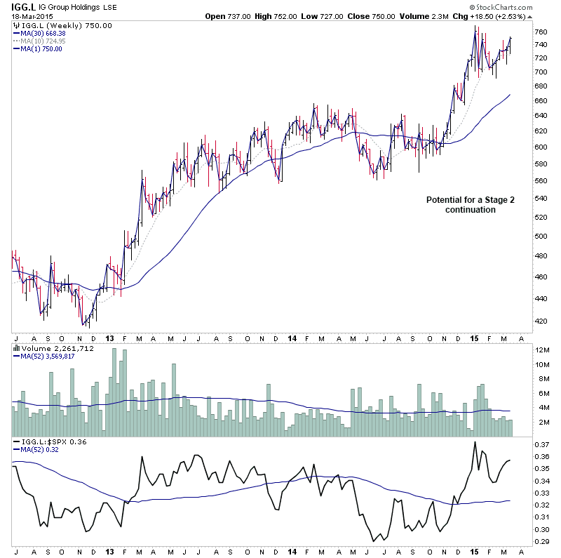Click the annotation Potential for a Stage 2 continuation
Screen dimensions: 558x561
pyautogui.click(x=471, y=204)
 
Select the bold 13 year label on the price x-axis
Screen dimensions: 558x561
pyautogui.click(x=109, y=338)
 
